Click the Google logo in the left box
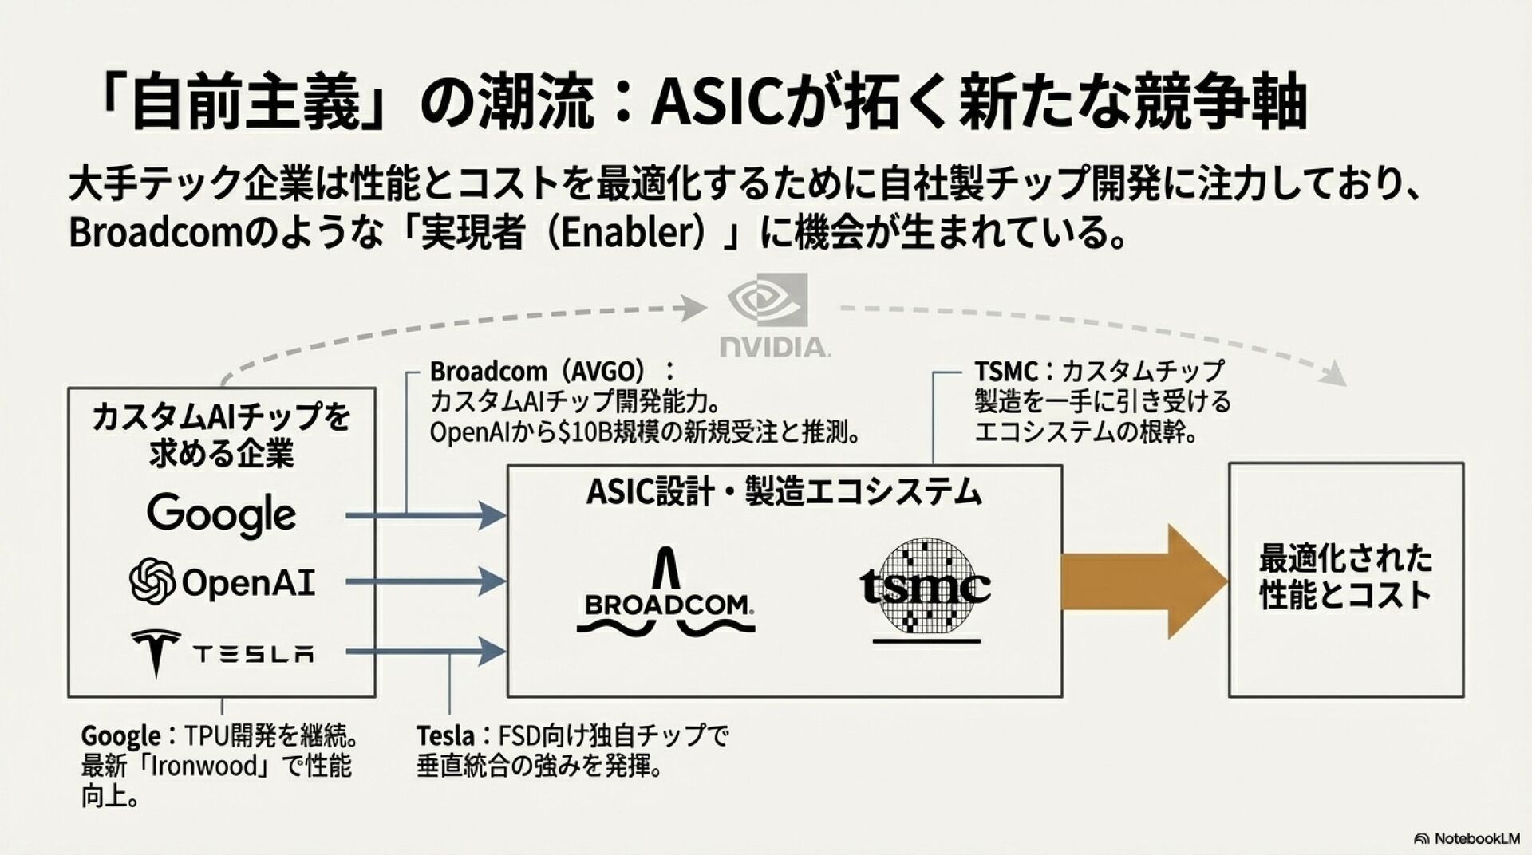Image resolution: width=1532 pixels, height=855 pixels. click(221, 514)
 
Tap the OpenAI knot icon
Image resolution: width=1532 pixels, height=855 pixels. click(152, 581)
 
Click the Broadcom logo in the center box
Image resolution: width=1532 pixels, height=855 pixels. click(665, 593)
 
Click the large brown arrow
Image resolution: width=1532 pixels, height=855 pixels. click(1141, 581)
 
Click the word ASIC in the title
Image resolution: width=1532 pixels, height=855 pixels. click(715, 103)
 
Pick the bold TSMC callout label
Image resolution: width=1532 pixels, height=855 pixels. click(1005, 372)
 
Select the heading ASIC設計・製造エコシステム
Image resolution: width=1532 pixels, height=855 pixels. click(784, 492)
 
